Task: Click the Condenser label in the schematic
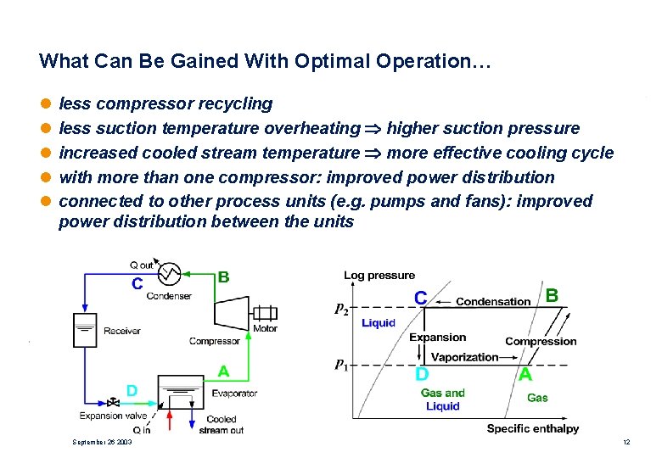(x=169, y=296)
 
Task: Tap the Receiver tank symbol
(x=86, y=331)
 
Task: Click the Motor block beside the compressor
(x=265, y=313)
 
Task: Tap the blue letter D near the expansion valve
(x=132, y=390)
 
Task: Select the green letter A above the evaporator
(x=223, y=371)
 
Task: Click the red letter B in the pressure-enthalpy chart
(x=552, y=295)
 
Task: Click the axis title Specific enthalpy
(x=532, y=429)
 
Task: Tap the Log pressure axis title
(x=379, y=275)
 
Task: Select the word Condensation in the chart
(x=493, y=301)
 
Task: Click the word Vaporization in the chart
(x=464, y=357)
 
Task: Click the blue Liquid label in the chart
(x=379, y=323)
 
